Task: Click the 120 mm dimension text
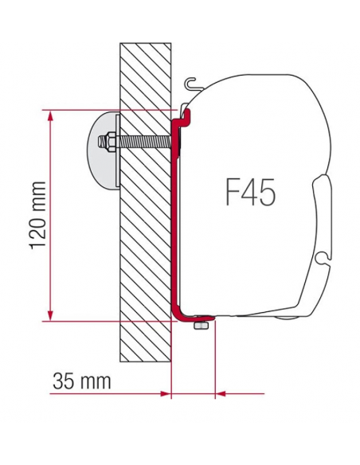point(35,214)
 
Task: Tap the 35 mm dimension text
point(82,381)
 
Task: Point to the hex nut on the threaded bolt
point(104,143)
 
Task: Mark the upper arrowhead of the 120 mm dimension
point(52,115)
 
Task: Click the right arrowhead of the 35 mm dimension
point(220,393)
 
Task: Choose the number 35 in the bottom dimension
point(66,381)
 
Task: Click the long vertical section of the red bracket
point(174,215)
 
